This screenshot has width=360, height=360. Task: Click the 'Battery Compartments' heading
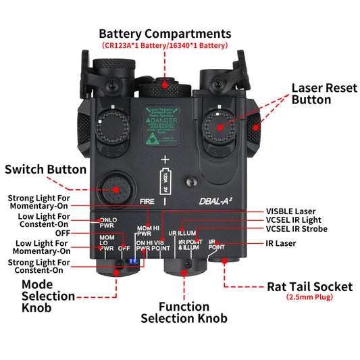[x=165, y=33]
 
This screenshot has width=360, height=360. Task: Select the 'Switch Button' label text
[x=45, y=170]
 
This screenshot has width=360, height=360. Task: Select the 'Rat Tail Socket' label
[x=310, y=286]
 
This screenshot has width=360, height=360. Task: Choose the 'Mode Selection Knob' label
[x=48, y=296]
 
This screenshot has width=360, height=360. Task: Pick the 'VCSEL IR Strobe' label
[x=297, y=229]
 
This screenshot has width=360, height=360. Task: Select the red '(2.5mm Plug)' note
[x=310, y=297]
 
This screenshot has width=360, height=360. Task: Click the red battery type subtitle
[x=165, y=46]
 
